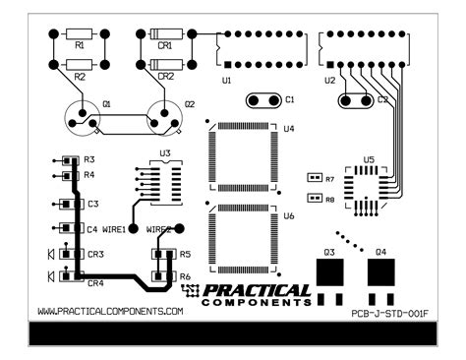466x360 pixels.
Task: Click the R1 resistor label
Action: [x=80, y=45]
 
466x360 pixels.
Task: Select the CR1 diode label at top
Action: [x=164, y=45]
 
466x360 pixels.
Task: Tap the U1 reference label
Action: [x=227, y=79]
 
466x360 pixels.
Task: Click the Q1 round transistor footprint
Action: [x=81, y=118]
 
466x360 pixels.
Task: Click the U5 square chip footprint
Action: [x=369, y=181]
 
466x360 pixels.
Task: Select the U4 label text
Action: [x=288, y=129]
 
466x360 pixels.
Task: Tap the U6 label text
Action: [x=288, y=214]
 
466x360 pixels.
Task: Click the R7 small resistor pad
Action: [x=316, y=178]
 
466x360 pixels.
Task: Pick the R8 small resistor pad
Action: [x=316, y=198]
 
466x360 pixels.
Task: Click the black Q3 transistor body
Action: [x=330, y=270]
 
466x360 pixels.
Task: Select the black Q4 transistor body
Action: [x=381, y=270]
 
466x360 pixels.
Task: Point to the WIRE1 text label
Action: [x=114, y=229]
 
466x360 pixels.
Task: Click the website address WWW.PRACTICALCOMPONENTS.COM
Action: [x=110, y=311]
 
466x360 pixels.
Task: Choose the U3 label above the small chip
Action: [x=164, y=153]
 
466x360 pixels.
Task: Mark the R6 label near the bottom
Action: [x=185, y=276]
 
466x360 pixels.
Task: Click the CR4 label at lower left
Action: [x=95, y=283]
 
